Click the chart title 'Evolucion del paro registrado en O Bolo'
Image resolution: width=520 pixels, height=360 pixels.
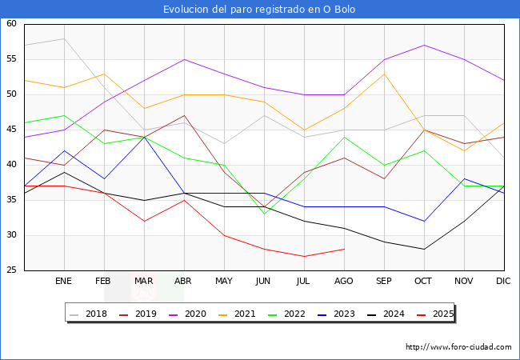click(x=259, y=10)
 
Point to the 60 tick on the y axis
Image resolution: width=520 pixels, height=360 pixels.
click(x=12, y=24)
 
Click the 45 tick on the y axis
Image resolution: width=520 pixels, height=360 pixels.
click(x=12, y=130)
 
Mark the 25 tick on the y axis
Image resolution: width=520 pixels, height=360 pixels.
click(x=12, y=270)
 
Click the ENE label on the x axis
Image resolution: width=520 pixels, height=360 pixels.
click(x=64, y=282)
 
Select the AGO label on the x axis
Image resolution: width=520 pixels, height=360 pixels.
click(x=344, y=282)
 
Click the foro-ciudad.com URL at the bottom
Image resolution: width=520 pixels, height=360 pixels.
click(x=458, y=347)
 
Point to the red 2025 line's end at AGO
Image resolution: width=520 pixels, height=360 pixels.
click(x=344, y=249)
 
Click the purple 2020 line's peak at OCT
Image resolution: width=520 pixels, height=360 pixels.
click(x=424, y=45)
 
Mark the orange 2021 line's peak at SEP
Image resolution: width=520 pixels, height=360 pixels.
click(x=384, y=74)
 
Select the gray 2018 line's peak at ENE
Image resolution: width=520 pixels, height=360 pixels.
click(x=64, y=38)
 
